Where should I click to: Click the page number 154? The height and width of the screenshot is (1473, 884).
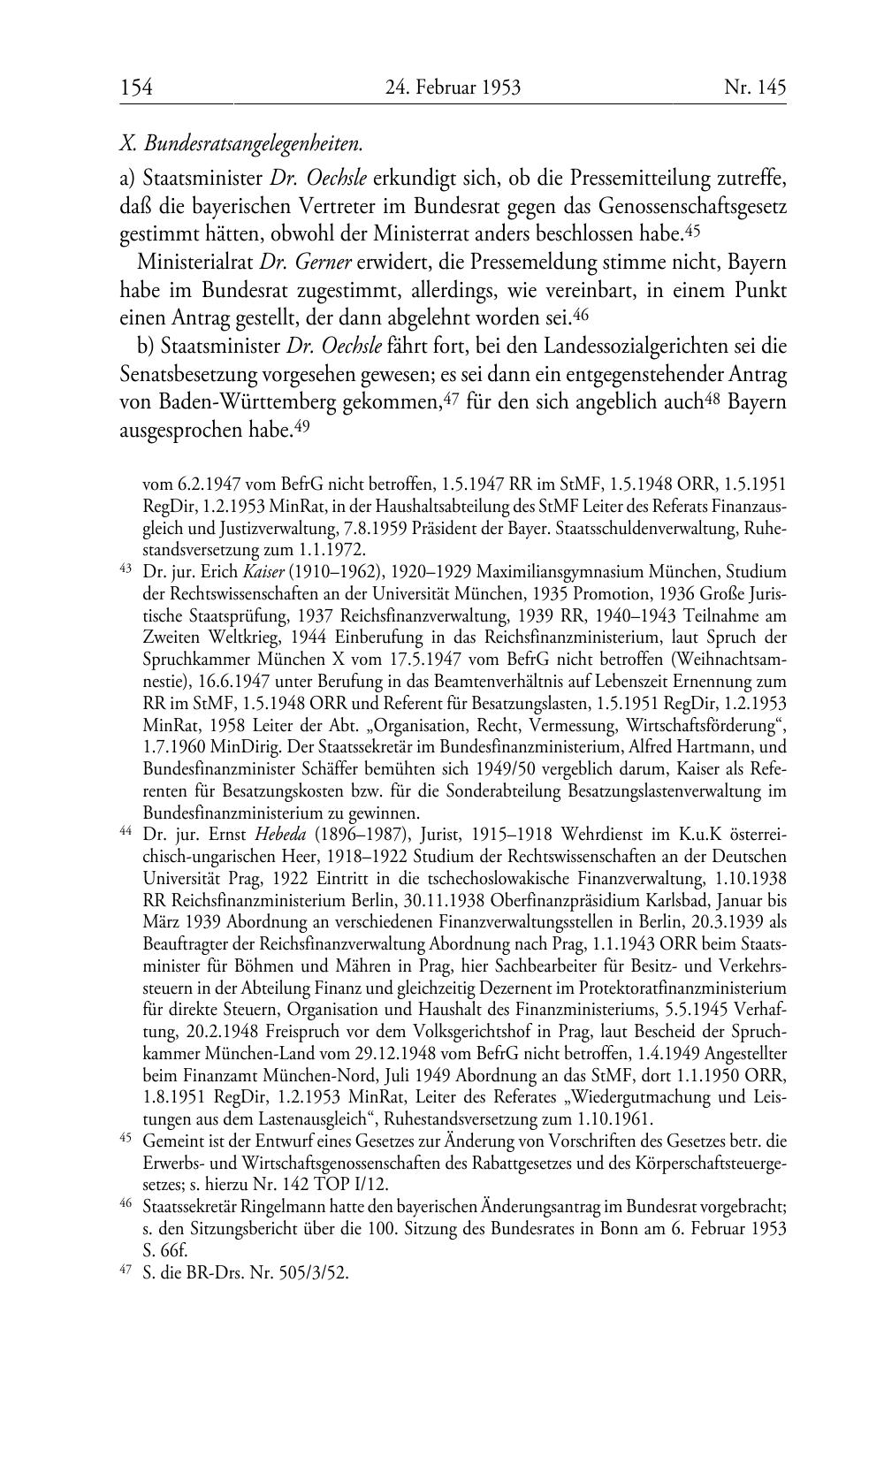pos(136,88)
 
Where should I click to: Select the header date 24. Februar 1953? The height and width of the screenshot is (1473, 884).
pos(453,88)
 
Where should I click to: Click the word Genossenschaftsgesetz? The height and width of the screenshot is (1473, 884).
pos(692,205)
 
